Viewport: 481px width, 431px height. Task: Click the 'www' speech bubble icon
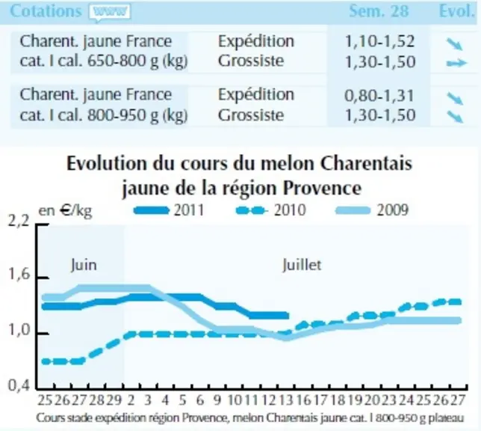110,13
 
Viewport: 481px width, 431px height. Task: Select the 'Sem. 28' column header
379,11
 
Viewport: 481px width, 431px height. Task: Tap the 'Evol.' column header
457,11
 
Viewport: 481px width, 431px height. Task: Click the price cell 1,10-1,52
379,41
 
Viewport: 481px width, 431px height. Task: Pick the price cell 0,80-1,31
379,95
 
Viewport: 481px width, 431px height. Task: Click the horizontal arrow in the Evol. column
456,63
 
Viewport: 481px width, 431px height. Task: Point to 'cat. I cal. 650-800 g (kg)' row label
103,61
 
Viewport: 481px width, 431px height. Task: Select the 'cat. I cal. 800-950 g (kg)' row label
103,115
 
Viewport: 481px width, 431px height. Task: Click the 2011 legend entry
170,210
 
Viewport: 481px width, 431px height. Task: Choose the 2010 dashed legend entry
271,210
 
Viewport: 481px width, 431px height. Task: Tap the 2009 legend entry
373,210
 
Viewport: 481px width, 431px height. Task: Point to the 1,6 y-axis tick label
19,275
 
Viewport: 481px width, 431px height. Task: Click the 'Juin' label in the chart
84,265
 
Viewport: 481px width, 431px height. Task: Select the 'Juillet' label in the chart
302,265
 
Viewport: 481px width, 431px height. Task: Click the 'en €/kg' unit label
65,211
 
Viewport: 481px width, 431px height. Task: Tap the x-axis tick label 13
285,400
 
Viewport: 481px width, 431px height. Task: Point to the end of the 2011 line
288,316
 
